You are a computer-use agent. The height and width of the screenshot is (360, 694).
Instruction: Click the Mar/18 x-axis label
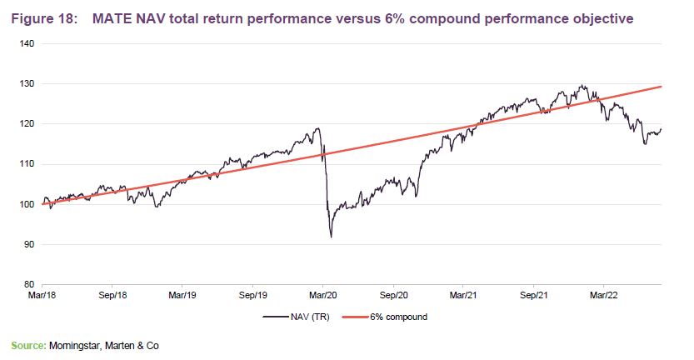(x=42, y=295)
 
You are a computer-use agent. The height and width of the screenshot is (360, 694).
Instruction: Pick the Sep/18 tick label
(x=112, y=295)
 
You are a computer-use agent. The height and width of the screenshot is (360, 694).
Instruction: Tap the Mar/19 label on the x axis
(x=182, y=295)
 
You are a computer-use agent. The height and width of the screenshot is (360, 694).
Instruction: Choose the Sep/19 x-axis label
(x=253, y=295)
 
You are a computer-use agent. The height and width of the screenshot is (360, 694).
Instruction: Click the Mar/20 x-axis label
(x=323, y=295)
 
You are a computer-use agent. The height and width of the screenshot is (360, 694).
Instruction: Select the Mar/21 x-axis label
(x=463, y=295)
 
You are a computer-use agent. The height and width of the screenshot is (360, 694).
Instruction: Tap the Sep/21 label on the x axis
(x=534, y=295)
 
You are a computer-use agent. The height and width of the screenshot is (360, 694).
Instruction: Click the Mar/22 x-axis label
(x=604, y=295)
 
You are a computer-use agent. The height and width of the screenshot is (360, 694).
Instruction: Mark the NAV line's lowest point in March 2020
(x=332, y=237)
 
